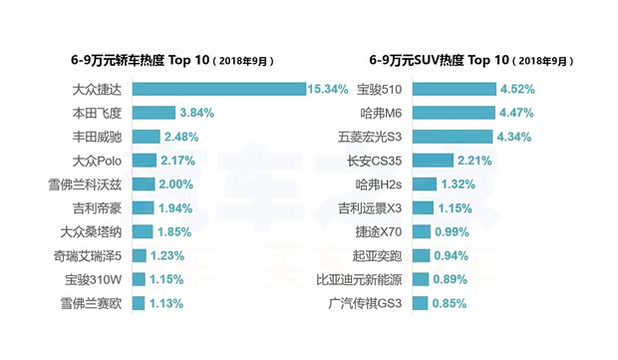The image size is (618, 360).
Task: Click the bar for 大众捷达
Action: pyautogui.click(x=217, y=89)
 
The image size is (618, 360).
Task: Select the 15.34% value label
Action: pyautogui.click(x=328, y=89)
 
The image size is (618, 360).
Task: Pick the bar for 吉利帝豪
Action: pyautogui.click(x=143, y=207)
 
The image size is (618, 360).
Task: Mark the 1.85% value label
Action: pyautogui.click(x=172, y=231)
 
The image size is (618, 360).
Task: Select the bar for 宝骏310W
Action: pyautogui.click(x=138, y=279)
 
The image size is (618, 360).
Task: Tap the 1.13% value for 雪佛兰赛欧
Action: pyautogui.click(x=164, y=303)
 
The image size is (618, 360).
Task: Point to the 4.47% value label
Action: pyautogui.click(x=517, y=113)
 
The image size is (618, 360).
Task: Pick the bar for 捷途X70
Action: pyautogui.click(x=422, y=231)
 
